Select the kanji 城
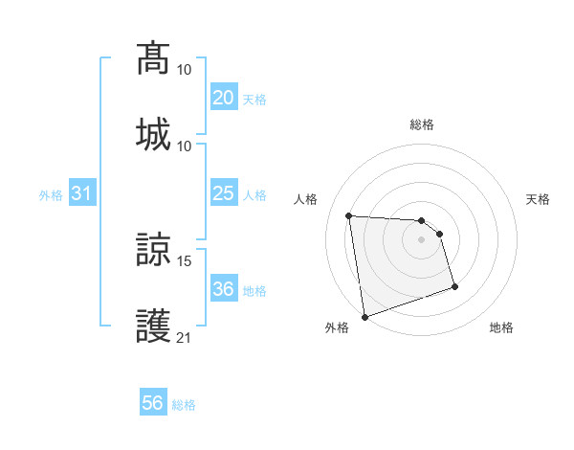click(x=153, y=133)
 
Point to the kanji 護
click(x=153, y=325)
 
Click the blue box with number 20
click(x=223, y=99)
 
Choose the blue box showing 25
click(x=223, y=194)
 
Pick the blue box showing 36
click(x=223, y=290)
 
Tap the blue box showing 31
click(x=81, y=194)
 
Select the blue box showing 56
click(x=152, y=404)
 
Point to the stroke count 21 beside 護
click(x=185, y=337)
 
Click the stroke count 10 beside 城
click(x=185, y=146)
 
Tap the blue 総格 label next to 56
click(x=184, y=405)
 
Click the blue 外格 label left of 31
click(x=51, y=195)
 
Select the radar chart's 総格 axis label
click(x=421, y=124)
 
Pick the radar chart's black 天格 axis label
click(x=538, y=199)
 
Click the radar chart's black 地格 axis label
click(x=501, y=327)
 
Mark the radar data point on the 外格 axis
click(x=364, y=315)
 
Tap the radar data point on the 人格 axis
click(x=349, y=215)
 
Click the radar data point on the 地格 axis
click(x=454, y=286)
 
